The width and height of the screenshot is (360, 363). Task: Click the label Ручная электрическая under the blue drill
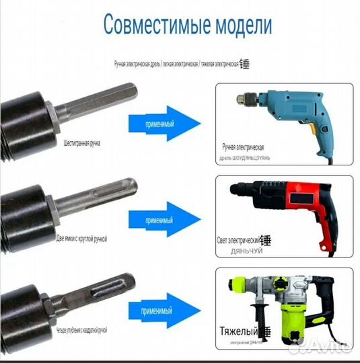click(x=252, y=147)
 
